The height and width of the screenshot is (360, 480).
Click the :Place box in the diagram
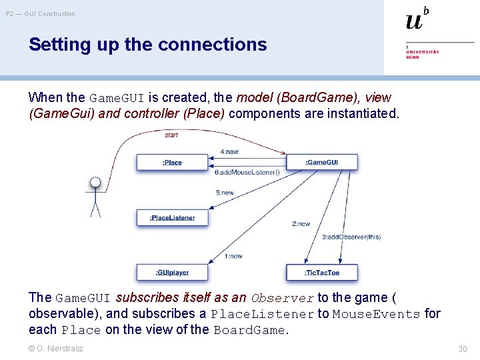(172, 162)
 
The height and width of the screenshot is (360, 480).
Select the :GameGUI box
(321, 162)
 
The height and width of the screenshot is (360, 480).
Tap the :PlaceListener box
(172, 217)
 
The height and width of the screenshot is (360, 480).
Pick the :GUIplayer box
(172, 272)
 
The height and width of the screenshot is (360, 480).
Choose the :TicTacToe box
(322, 272)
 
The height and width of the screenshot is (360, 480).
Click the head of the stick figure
(95, 182)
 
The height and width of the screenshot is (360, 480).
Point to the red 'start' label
(171, 135)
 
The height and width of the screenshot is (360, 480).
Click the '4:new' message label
(229, 152)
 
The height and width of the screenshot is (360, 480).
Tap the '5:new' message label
(225, 193)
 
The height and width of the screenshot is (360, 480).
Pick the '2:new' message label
(301, 224)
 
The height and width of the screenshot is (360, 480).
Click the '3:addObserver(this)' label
(351, 237)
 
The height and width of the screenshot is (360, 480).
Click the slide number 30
(463, 349)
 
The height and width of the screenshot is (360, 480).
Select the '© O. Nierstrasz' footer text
(56, 348)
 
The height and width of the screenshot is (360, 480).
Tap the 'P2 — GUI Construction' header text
(41, 13)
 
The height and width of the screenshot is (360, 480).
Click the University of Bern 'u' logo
(415, 20)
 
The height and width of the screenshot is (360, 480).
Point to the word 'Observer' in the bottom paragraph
(282, 298)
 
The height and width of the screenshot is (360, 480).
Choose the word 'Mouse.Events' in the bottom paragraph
(376, 314)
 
